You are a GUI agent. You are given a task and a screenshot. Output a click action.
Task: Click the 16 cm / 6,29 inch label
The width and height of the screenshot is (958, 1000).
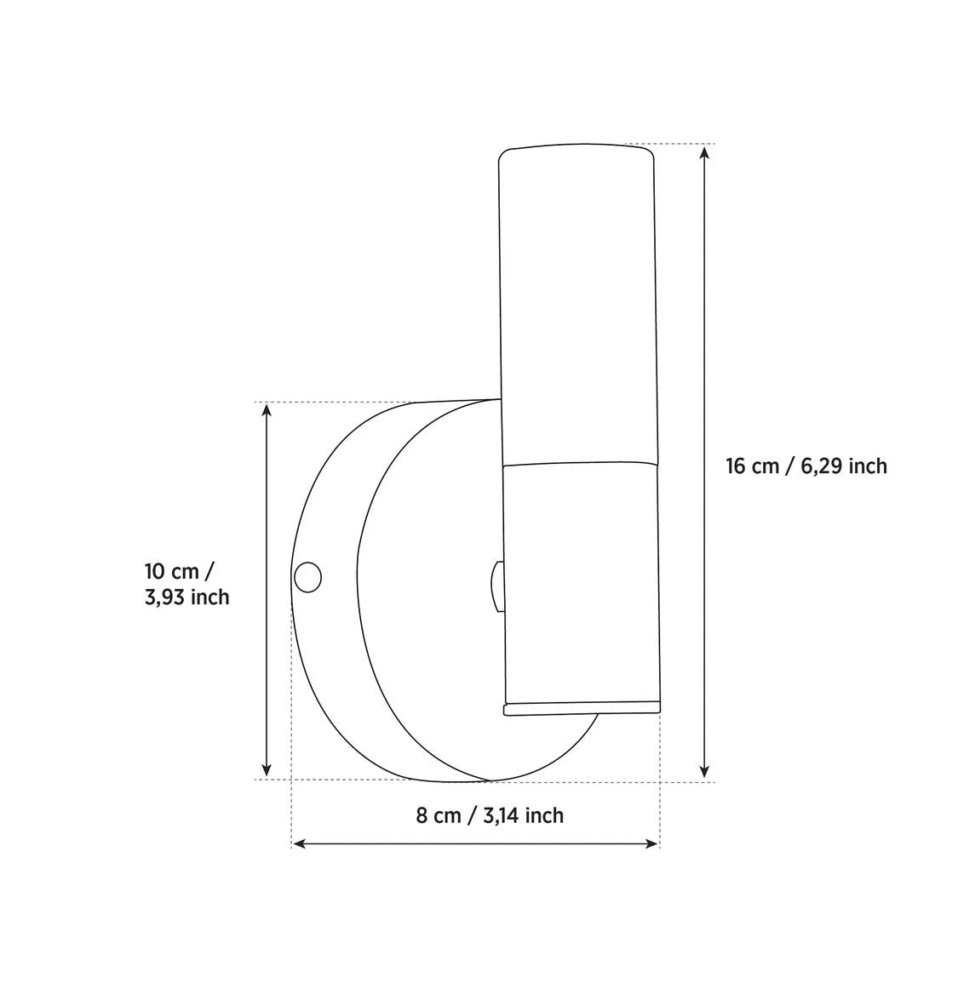point(806,466)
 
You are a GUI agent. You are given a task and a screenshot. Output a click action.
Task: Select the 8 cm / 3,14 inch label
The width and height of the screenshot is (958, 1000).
point(490,815)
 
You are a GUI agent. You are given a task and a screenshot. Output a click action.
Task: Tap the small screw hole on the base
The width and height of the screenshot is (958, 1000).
point(307,577)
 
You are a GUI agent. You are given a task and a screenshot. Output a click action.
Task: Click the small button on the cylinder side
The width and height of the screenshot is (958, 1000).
point(496,586)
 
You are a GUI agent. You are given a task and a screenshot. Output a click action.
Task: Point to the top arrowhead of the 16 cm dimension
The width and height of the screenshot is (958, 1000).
point(704,152)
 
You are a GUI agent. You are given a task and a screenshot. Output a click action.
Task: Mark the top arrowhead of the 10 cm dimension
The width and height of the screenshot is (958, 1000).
point(267,411)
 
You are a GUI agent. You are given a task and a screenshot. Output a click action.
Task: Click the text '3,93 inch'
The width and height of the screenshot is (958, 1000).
point(187,597)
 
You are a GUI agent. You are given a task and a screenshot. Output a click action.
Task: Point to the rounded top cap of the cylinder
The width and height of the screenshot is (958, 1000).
point(577,153)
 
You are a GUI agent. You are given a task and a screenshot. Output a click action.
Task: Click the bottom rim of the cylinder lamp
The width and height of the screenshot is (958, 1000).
point(582,707)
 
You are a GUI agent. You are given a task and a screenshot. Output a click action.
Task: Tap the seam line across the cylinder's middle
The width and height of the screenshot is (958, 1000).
point(579,466)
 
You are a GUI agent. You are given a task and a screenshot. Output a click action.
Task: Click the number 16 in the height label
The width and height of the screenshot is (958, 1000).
point(737,466)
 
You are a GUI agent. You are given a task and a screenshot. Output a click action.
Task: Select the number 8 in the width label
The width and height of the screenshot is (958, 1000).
point(422,815)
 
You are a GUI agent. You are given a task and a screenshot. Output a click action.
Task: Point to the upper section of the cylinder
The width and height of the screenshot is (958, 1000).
point(577,306)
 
